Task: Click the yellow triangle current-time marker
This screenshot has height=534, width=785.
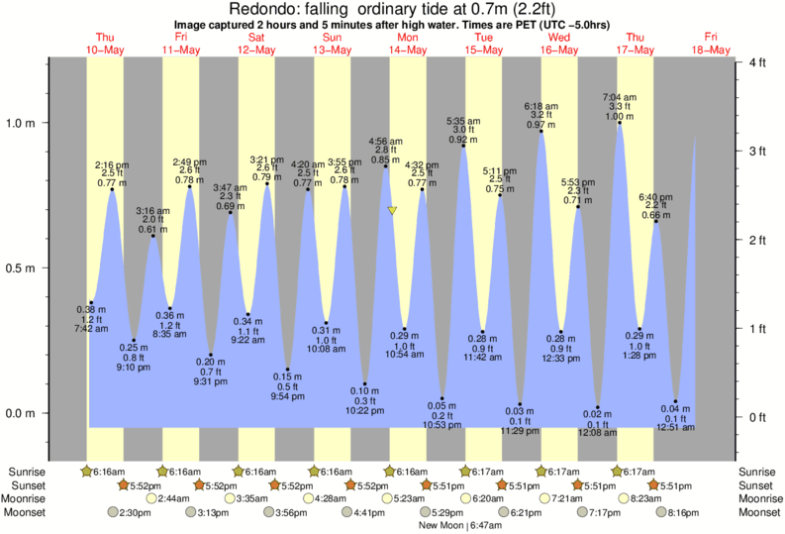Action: point(393,211)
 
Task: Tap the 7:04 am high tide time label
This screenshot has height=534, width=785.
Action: point(620,97)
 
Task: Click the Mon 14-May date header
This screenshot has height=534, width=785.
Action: point(409,44)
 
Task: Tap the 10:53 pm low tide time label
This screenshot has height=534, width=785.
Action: point(442,425)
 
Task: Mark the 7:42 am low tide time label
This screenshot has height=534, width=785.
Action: point(90,328)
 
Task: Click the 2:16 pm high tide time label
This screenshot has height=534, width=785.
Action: point(112,163)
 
